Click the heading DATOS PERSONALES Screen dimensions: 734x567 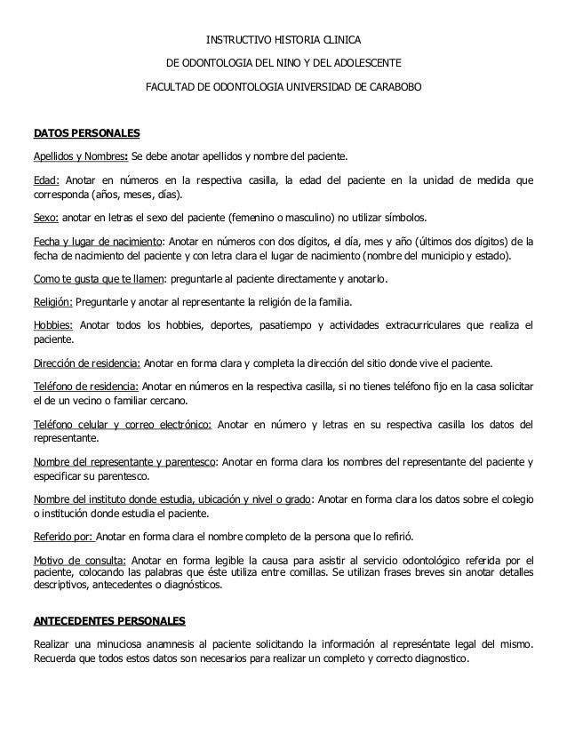point(86,135)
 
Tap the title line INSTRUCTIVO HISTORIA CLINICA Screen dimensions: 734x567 point(283,41)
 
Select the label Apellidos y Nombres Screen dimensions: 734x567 point(80,158)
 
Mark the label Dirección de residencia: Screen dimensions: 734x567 point(86,364)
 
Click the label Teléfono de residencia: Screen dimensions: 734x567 point(85,387)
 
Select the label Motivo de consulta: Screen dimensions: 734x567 point(79,560)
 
